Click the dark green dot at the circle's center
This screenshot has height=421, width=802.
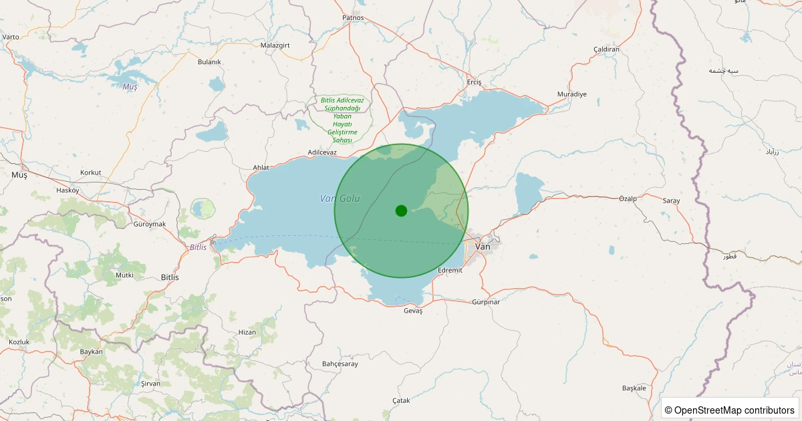[x=401, y=210]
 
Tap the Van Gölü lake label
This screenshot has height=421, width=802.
[x=340, y=198]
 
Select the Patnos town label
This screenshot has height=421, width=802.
[x=352, y=18]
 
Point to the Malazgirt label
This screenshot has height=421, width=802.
[x=277, y=45]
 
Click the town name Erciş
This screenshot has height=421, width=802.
[x=474, y=82]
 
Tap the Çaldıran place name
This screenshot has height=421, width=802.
[x=607, y=49]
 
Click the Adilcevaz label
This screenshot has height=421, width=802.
[x=322, y=152]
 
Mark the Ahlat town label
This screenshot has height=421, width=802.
[x=261, y=167]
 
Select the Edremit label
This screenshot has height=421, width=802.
[x=450, y=270]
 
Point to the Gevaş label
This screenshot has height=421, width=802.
[x=414, y=311]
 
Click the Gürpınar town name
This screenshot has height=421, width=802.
[x=486, y=302]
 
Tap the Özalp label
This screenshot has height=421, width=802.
[x=628, y=199]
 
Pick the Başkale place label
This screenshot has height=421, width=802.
[x=634, y=388]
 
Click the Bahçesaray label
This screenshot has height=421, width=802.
[x=340, y=364]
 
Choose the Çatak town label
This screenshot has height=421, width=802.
[x=401, y=400]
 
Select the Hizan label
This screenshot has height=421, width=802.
[x=247, y=332]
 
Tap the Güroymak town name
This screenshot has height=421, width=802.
[x=150, y=224]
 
